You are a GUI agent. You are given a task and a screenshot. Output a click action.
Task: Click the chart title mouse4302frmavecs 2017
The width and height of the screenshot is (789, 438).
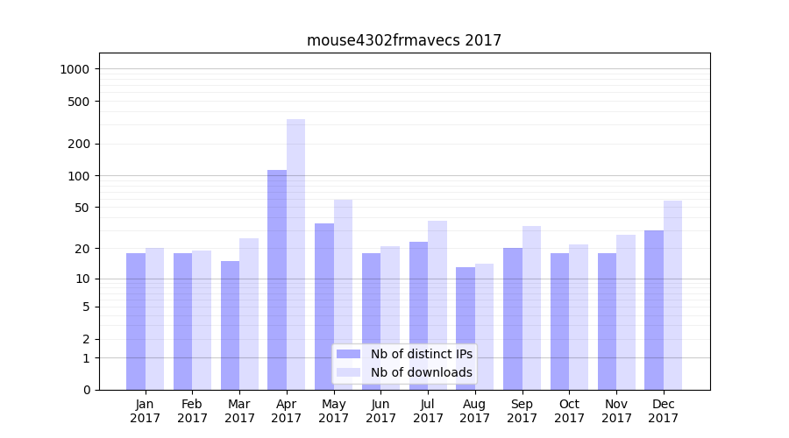[x=404, y=40]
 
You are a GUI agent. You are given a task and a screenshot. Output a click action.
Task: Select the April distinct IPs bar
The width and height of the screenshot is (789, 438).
[x=277, y=279]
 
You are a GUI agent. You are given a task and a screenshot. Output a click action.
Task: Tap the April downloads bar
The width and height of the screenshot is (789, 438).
[x=296, y=254]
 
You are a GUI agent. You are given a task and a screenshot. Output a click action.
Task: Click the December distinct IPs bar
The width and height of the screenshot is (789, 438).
[x=654, y=310]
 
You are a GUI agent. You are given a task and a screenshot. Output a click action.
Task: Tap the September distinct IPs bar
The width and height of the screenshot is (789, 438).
[x=513, y=319]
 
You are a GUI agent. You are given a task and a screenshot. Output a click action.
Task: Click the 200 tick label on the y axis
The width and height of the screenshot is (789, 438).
[x=80, y=144]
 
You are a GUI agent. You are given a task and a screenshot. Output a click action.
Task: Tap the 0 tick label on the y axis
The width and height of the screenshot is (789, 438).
[x=87, y=390]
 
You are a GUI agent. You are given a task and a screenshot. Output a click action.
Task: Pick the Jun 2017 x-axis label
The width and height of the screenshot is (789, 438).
[x=380, y=411]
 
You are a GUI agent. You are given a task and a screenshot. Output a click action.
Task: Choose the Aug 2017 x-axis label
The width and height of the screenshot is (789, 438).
[x=475, y=411]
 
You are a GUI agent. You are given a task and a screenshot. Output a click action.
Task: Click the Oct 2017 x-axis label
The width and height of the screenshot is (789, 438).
[x=569, y=411]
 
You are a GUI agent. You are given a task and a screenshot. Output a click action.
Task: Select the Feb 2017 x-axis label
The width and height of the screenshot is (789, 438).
[x=192, y=411]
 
